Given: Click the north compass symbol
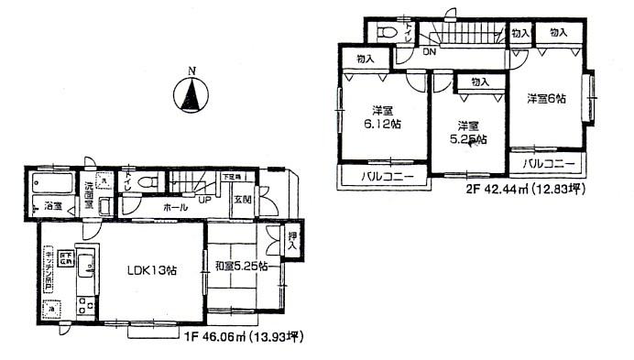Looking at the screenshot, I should click(x=191, y=95).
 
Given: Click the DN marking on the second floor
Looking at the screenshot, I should click(x=430, y=53).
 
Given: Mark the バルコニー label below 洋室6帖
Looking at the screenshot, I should click(x=549, y=165).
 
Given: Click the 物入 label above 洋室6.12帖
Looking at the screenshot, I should click(x=365, y=58).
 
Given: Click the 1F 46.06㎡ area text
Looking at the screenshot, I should click(x=243, y=337).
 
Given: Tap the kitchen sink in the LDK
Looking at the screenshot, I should click(x=84, y=267).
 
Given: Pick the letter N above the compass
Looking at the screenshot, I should click(x=191, y=70).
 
